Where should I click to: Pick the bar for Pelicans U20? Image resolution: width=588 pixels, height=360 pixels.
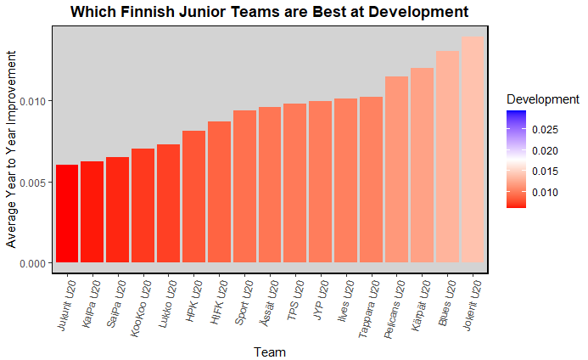click(x=396, y=170)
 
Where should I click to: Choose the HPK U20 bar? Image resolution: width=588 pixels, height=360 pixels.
click(x=193, y=197)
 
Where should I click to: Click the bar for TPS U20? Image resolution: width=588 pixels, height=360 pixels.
click(x=294, y=183)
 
